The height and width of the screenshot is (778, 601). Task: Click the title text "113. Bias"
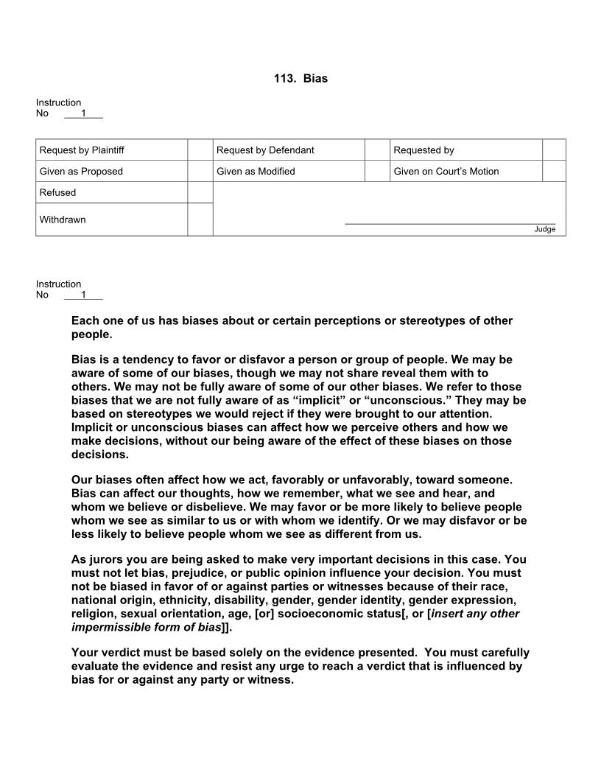[300, 78]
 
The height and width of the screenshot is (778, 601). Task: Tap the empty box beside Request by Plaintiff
[200, 150]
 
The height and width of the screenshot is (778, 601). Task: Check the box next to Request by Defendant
[377, 150]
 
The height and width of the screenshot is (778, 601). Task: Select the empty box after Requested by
[554, 150]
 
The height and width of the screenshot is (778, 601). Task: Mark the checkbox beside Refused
[200, 192]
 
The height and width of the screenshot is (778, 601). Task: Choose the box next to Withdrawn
[200, 220]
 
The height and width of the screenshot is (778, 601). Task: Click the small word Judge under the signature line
[544, 229]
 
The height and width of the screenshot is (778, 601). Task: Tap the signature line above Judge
[450, 222]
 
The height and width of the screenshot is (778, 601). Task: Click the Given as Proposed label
[81, 172]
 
